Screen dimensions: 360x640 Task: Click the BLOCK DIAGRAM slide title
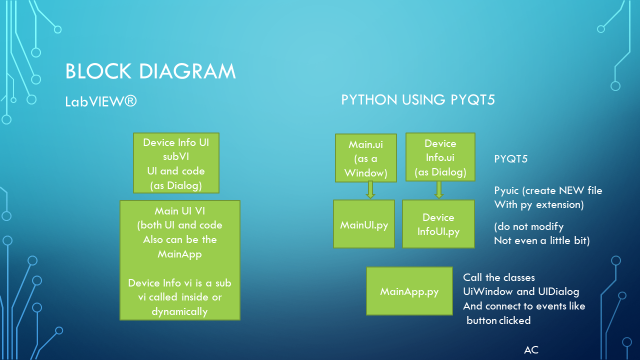click(150, 71)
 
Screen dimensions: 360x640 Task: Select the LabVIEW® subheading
click(101, 101)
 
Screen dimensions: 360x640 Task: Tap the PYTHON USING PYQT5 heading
click(418, 100)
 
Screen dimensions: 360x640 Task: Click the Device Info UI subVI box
click(176, 163)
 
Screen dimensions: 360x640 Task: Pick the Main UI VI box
click(180, 260)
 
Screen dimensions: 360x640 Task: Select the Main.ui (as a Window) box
click(366, 158)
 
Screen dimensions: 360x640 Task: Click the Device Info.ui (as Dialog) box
click(440, 157)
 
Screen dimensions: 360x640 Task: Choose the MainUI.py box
click(364, 224)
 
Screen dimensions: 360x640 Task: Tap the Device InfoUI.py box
click(438, 224)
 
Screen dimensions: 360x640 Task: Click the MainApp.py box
click(409, 291)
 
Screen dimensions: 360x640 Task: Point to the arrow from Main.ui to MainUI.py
click(370, 190)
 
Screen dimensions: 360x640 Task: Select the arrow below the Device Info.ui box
click(439, 189)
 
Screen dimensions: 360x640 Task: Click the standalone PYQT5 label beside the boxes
click(510, 159)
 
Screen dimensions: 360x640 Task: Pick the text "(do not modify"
click(528, 226)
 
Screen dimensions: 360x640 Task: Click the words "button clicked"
click(498, 320)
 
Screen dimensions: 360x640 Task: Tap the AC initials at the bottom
click(531, 350)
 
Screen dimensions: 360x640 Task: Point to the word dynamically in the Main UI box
click(179, 311)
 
